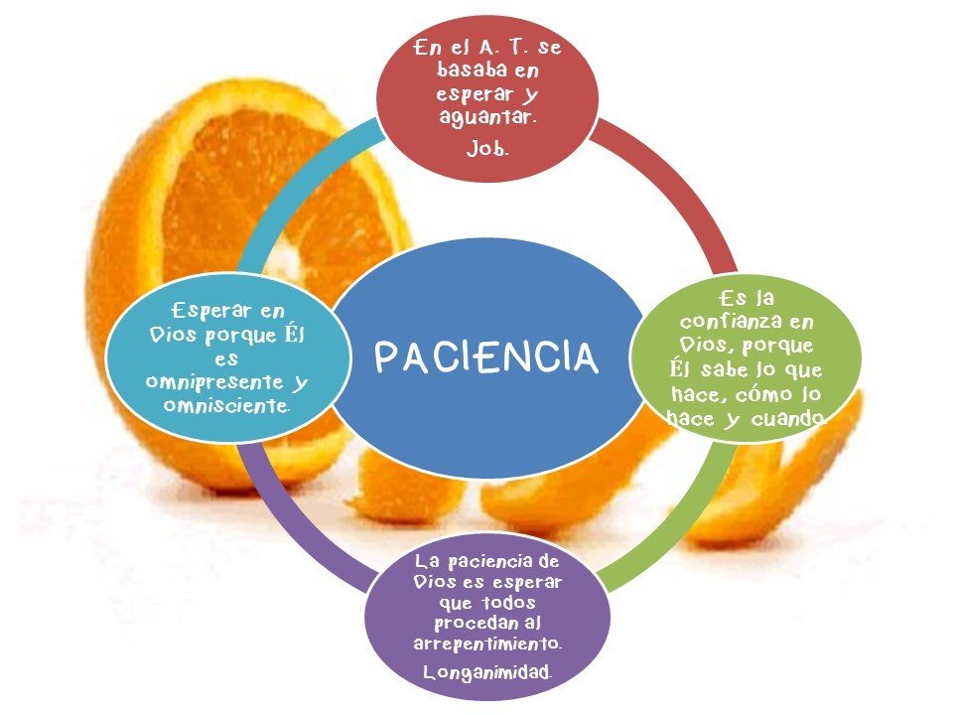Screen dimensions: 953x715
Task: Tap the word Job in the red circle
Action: [x=486, y=150]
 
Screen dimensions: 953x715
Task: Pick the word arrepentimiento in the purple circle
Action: [x=487, y=643]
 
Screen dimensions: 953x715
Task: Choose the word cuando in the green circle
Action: [x=792, y=420]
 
